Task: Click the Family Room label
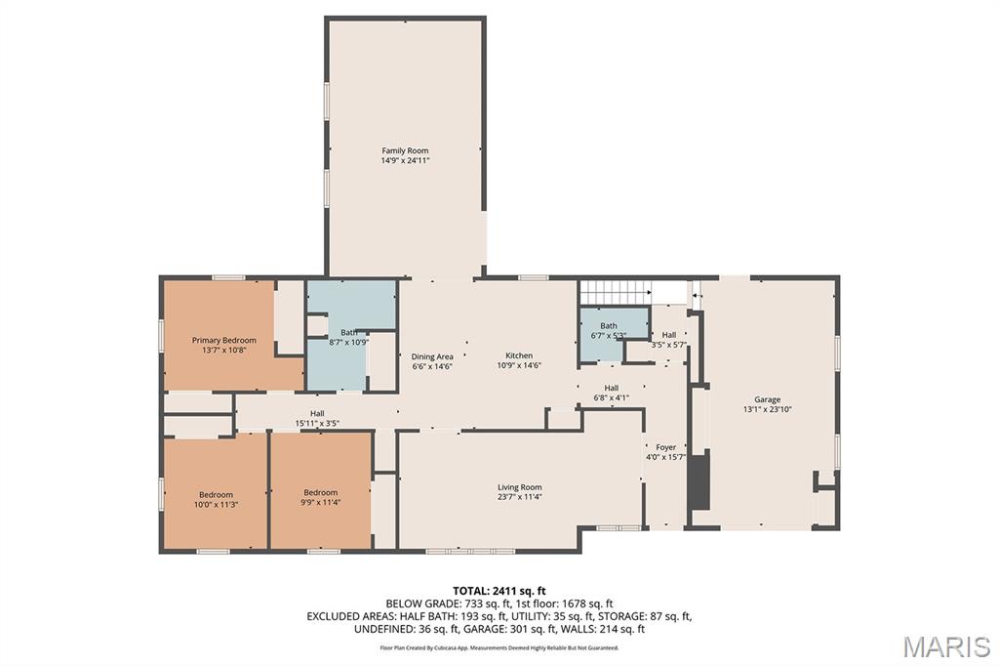coord(405,150)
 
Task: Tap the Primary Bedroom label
coord(223,340)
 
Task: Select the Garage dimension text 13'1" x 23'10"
coord(767,410)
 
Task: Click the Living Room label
coord(519,486)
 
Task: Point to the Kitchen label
coord(519,355)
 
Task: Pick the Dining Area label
coord(432,356)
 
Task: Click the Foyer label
coord(666,447)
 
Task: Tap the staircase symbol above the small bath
coord(615,291)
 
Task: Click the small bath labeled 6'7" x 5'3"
coord(609,330)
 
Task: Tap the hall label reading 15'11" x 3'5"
coord(317,418)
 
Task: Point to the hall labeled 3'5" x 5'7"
coord(669,339)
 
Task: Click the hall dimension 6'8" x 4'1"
coord(611,397)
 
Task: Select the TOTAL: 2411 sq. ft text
coord(499,590)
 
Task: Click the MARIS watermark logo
coord(945,646)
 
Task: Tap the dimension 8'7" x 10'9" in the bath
coord(348,343)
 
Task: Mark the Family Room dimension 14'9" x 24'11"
coord(405,160)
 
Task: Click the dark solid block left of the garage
coord(699,479)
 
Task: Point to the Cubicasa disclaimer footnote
coord(499,647)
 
